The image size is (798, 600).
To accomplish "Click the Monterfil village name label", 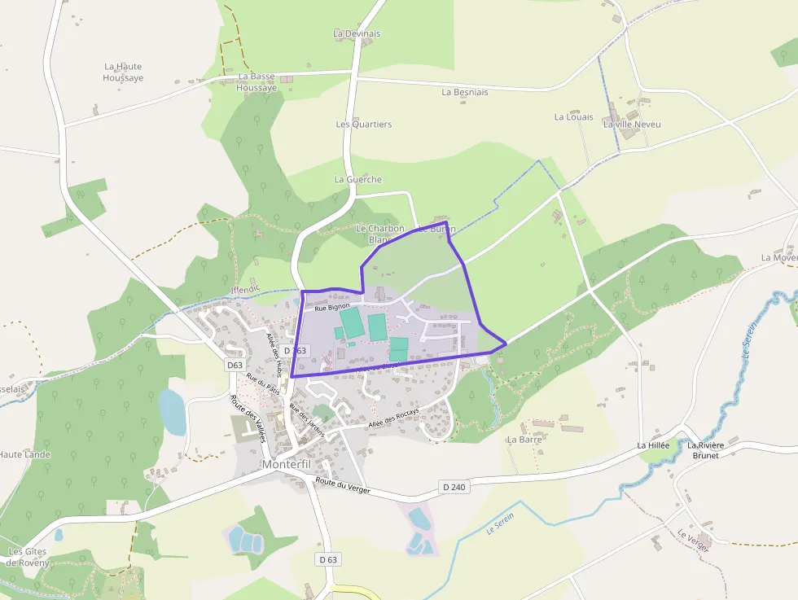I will click(287, 464).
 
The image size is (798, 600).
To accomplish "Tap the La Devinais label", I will click(357, 34).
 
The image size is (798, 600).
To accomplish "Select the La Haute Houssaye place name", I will click(123, 72).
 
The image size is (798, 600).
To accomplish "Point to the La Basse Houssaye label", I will click(256, 82).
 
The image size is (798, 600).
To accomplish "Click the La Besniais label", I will click(465, 93).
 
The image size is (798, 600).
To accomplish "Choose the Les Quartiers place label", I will click(364, 125).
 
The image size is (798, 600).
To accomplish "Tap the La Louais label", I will click(574, 117).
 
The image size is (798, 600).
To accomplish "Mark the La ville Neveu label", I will click(632, 125).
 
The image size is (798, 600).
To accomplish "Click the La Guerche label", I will click(358, 179).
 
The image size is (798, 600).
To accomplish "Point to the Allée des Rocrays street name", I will click(393, 418).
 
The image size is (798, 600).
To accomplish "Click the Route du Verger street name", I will click(342, 488).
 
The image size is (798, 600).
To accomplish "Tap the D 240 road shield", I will click(455, 487).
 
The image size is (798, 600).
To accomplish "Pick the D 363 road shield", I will click(296, 350).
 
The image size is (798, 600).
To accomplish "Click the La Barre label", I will click(524, 440).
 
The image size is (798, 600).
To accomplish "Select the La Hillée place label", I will click(653, 446).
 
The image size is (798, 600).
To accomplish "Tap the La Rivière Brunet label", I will click(705, 450).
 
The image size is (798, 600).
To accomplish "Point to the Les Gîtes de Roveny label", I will click(27, 557).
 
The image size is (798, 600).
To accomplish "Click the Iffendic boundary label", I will click(247, 288).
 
